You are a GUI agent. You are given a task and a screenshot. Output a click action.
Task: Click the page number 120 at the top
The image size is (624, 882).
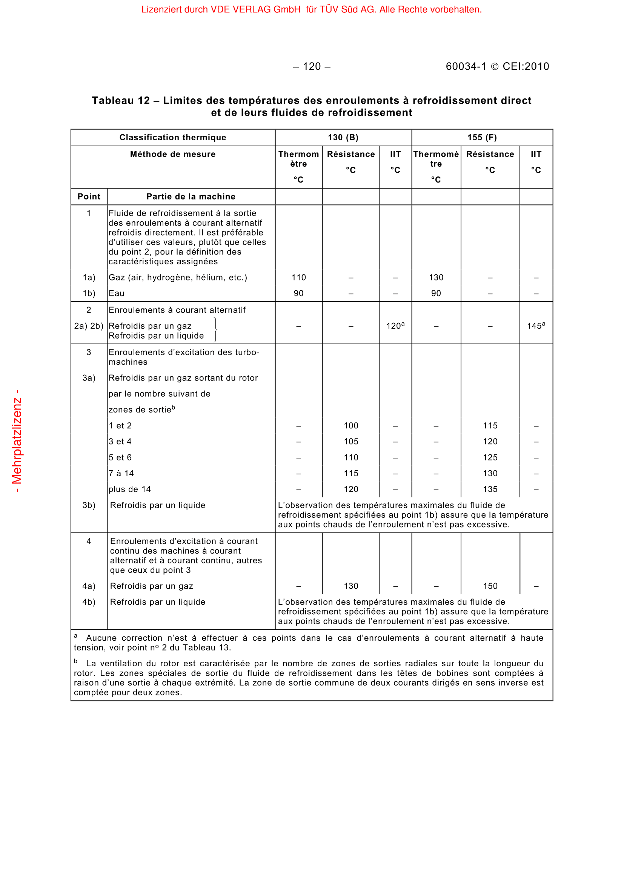(x=312, y=66)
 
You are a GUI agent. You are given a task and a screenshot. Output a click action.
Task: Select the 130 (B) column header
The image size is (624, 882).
(x=343, y=138)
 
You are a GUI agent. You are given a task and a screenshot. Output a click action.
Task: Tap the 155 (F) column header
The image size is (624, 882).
(x=482, y=138)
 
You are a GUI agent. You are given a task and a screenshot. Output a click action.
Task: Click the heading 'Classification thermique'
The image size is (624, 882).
(x=172, y=138)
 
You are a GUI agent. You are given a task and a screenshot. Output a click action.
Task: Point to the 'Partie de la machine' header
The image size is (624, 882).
(x=191, y=197)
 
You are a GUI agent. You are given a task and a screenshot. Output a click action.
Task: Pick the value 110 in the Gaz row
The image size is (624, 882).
(x=298, y=278)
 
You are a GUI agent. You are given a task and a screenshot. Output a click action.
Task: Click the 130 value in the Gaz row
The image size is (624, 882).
(x=436, y=278)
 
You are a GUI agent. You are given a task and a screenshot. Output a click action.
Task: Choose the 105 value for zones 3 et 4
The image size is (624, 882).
(x=351, y=442)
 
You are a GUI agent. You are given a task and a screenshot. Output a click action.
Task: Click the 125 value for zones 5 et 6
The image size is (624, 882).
(x=490, y=457)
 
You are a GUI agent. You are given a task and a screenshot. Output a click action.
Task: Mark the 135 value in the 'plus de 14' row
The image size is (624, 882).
(x=490, y=489)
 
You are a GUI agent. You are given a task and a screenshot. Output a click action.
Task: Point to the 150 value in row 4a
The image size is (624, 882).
(x=490, y=586)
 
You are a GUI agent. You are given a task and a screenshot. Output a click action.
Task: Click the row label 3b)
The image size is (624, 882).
(x=89, y=505)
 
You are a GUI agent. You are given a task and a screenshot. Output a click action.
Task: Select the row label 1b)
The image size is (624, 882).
(x=89, y=293)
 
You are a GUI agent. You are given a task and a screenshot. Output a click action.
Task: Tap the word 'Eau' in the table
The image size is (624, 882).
(x=117, y=293)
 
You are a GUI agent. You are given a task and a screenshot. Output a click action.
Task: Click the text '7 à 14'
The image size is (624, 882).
(x=121, y=474)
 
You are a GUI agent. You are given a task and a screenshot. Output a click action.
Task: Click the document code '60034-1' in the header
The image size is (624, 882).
(x=466, y=66)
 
